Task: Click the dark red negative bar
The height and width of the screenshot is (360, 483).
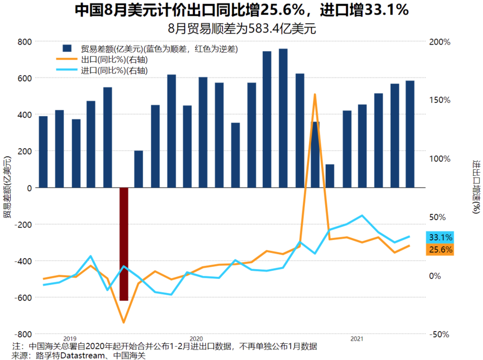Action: coord(124,244)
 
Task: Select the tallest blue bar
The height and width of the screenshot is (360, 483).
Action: coord(283,118)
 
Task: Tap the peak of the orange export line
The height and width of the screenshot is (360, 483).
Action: coord(315,94)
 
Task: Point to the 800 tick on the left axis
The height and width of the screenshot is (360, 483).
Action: coord(25,42)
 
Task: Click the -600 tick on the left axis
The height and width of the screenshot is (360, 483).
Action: coord(23,298)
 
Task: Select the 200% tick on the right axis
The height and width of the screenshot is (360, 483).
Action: coord(439,42)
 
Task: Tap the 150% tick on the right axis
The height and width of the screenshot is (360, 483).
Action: coord(439,100)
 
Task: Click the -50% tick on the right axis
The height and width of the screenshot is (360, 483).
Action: coord(439,335)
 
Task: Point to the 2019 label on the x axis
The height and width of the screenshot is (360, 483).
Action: coord(70,338)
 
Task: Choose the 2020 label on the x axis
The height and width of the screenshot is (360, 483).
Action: coord(196,338)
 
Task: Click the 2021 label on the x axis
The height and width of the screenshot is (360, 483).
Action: coord(356,338)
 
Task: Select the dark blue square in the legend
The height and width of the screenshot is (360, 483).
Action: coord(66,49)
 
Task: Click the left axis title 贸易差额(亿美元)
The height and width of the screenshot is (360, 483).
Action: coord(7,188)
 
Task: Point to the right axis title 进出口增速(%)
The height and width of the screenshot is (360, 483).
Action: coord(476,188)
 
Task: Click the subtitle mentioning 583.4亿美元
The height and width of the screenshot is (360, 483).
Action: coord(241,28)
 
